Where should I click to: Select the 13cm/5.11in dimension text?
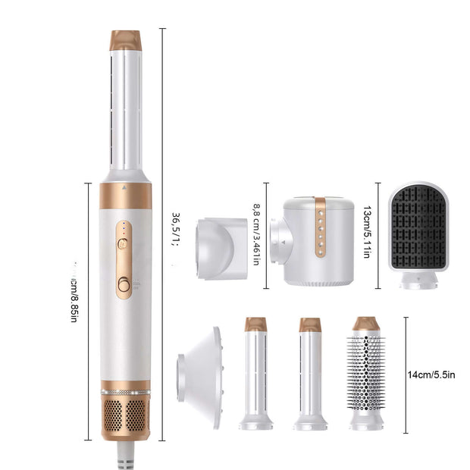click(x=366, y=231)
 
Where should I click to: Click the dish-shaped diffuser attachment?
click(x=199, y=372)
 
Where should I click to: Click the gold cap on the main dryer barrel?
click(x=125, y=40)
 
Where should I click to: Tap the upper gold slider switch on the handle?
click(x=124, y=244)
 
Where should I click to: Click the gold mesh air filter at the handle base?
click(x=125, y=417)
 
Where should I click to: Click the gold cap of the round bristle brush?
click(x=366, y=324)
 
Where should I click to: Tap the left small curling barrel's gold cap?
click(x=256, y=324)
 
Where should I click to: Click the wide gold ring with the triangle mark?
click(x=125, y=195)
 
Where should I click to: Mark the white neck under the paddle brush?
click(x=418, y=282)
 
